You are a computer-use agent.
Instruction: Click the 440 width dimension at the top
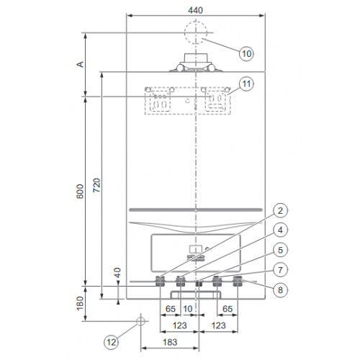click(x=197, y=11)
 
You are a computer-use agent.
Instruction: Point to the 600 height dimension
click(x=81, y=191)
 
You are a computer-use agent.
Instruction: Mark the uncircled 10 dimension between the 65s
click(x=189, y=309)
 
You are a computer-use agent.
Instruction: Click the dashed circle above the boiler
click(x=197, y=33)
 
